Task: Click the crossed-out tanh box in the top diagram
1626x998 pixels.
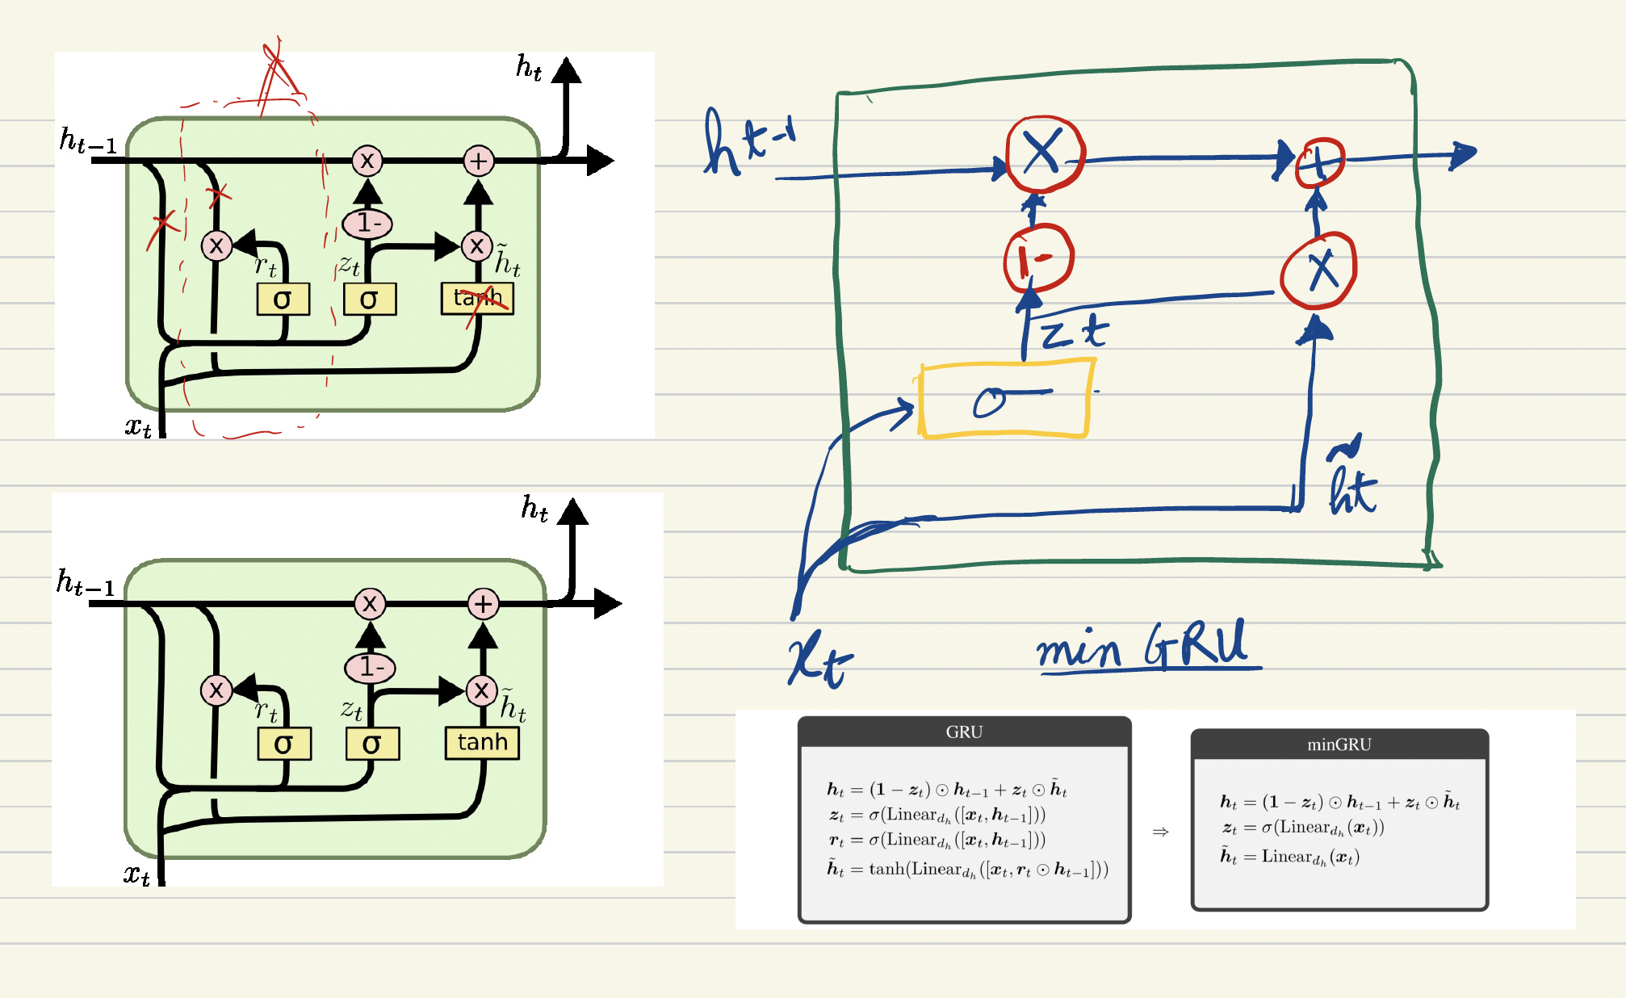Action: [477, 299]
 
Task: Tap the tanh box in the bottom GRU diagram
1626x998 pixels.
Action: [482, 742]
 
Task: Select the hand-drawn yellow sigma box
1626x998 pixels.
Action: [1005, 400]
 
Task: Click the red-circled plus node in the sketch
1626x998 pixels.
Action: [1319, 162]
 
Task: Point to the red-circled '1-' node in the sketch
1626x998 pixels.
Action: [1037, 258]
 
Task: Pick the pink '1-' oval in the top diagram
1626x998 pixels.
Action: [367, 223]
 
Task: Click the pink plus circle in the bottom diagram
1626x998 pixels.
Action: [483, 603]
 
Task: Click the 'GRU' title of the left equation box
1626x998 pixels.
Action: [964, 732]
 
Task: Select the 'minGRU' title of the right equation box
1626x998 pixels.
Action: [1339, 744]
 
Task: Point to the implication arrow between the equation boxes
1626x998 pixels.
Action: [1160, 832]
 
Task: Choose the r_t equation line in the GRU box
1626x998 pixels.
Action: [937, 840]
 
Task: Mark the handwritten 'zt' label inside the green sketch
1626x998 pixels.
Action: [1074, 332]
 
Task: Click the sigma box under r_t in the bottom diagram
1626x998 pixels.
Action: [284, 744]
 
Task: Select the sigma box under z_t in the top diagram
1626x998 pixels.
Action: [370, 299]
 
